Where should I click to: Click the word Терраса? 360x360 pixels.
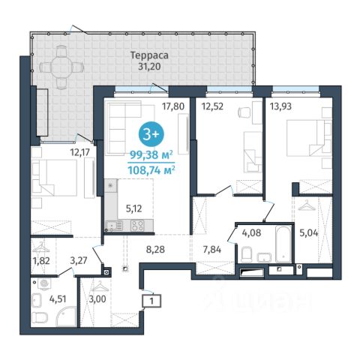click(149, 55)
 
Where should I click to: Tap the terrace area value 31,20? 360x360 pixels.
click(149, 67)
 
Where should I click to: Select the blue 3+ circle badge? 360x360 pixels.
click(151, 134)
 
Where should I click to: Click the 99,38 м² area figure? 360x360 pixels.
click(151, 155)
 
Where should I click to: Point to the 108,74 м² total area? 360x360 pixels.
click(151, 170)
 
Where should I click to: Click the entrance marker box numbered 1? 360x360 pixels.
click(151, 301)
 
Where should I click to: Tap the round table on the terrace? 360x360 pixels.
click(61, 67)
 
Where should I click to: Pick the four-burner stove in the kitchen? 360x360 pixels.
click(138, 225)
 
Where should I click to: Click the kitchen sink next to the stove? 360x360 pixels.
click(114, 225)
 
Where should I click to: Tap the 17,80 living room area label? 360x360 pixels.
click(173, 106)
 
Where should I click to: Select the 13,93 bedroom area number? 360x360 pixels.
click(280, 106)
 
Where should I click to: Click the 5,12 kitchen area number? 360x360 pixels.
click(134, 208)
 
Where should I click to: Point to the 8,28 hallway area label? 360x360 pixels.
click(155, 249)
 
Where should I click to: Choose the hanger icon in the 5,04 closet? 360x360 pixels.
click(307, 206)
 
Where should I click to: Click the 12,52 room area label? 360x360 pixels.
click(212, 106)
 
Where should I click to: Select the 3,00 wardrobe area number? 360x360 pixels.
click(97, 299)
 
